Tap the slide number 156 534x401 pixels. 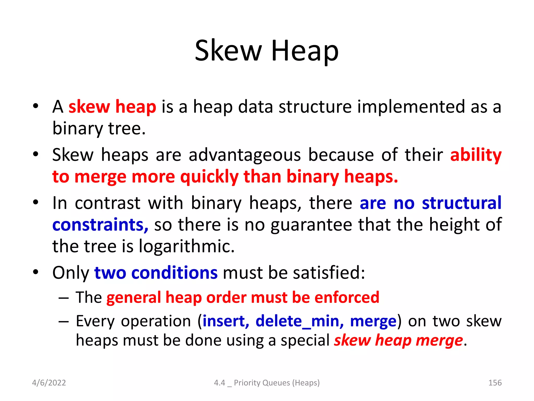click(495, 382)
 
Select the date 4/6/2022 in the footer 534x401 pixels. click(49, 382)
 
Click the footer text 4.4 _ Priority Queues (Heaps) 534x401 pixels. click(267, 382)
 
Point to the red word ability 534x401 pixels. click(476, 155)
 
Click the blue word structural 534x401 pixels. click(462, 203)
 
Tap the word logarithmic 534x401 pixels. click(186, 246)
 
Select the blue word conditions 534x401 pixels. click(174, 273)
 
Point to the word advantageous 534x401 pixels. click(245, 155)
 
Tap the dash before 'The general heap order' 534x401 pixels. click(64, 298)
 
